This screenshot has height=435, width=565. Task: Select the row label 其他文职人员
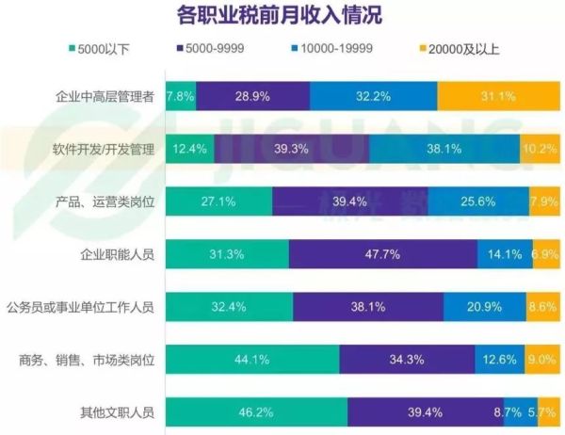(x=118, y=411)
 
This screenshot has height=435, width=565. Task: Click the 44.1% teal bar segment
(x=252, y=359)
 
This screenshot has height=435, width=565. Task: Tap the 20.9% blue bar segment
(x=484, y=307)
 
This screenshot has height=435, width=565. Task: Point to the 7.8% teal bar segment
(x=181, y=96)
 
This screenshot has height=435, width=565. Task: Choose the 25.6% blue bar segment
(x=479, y=201)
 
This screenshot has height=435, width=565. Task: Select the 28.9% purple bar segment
(x=253, y=96)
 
